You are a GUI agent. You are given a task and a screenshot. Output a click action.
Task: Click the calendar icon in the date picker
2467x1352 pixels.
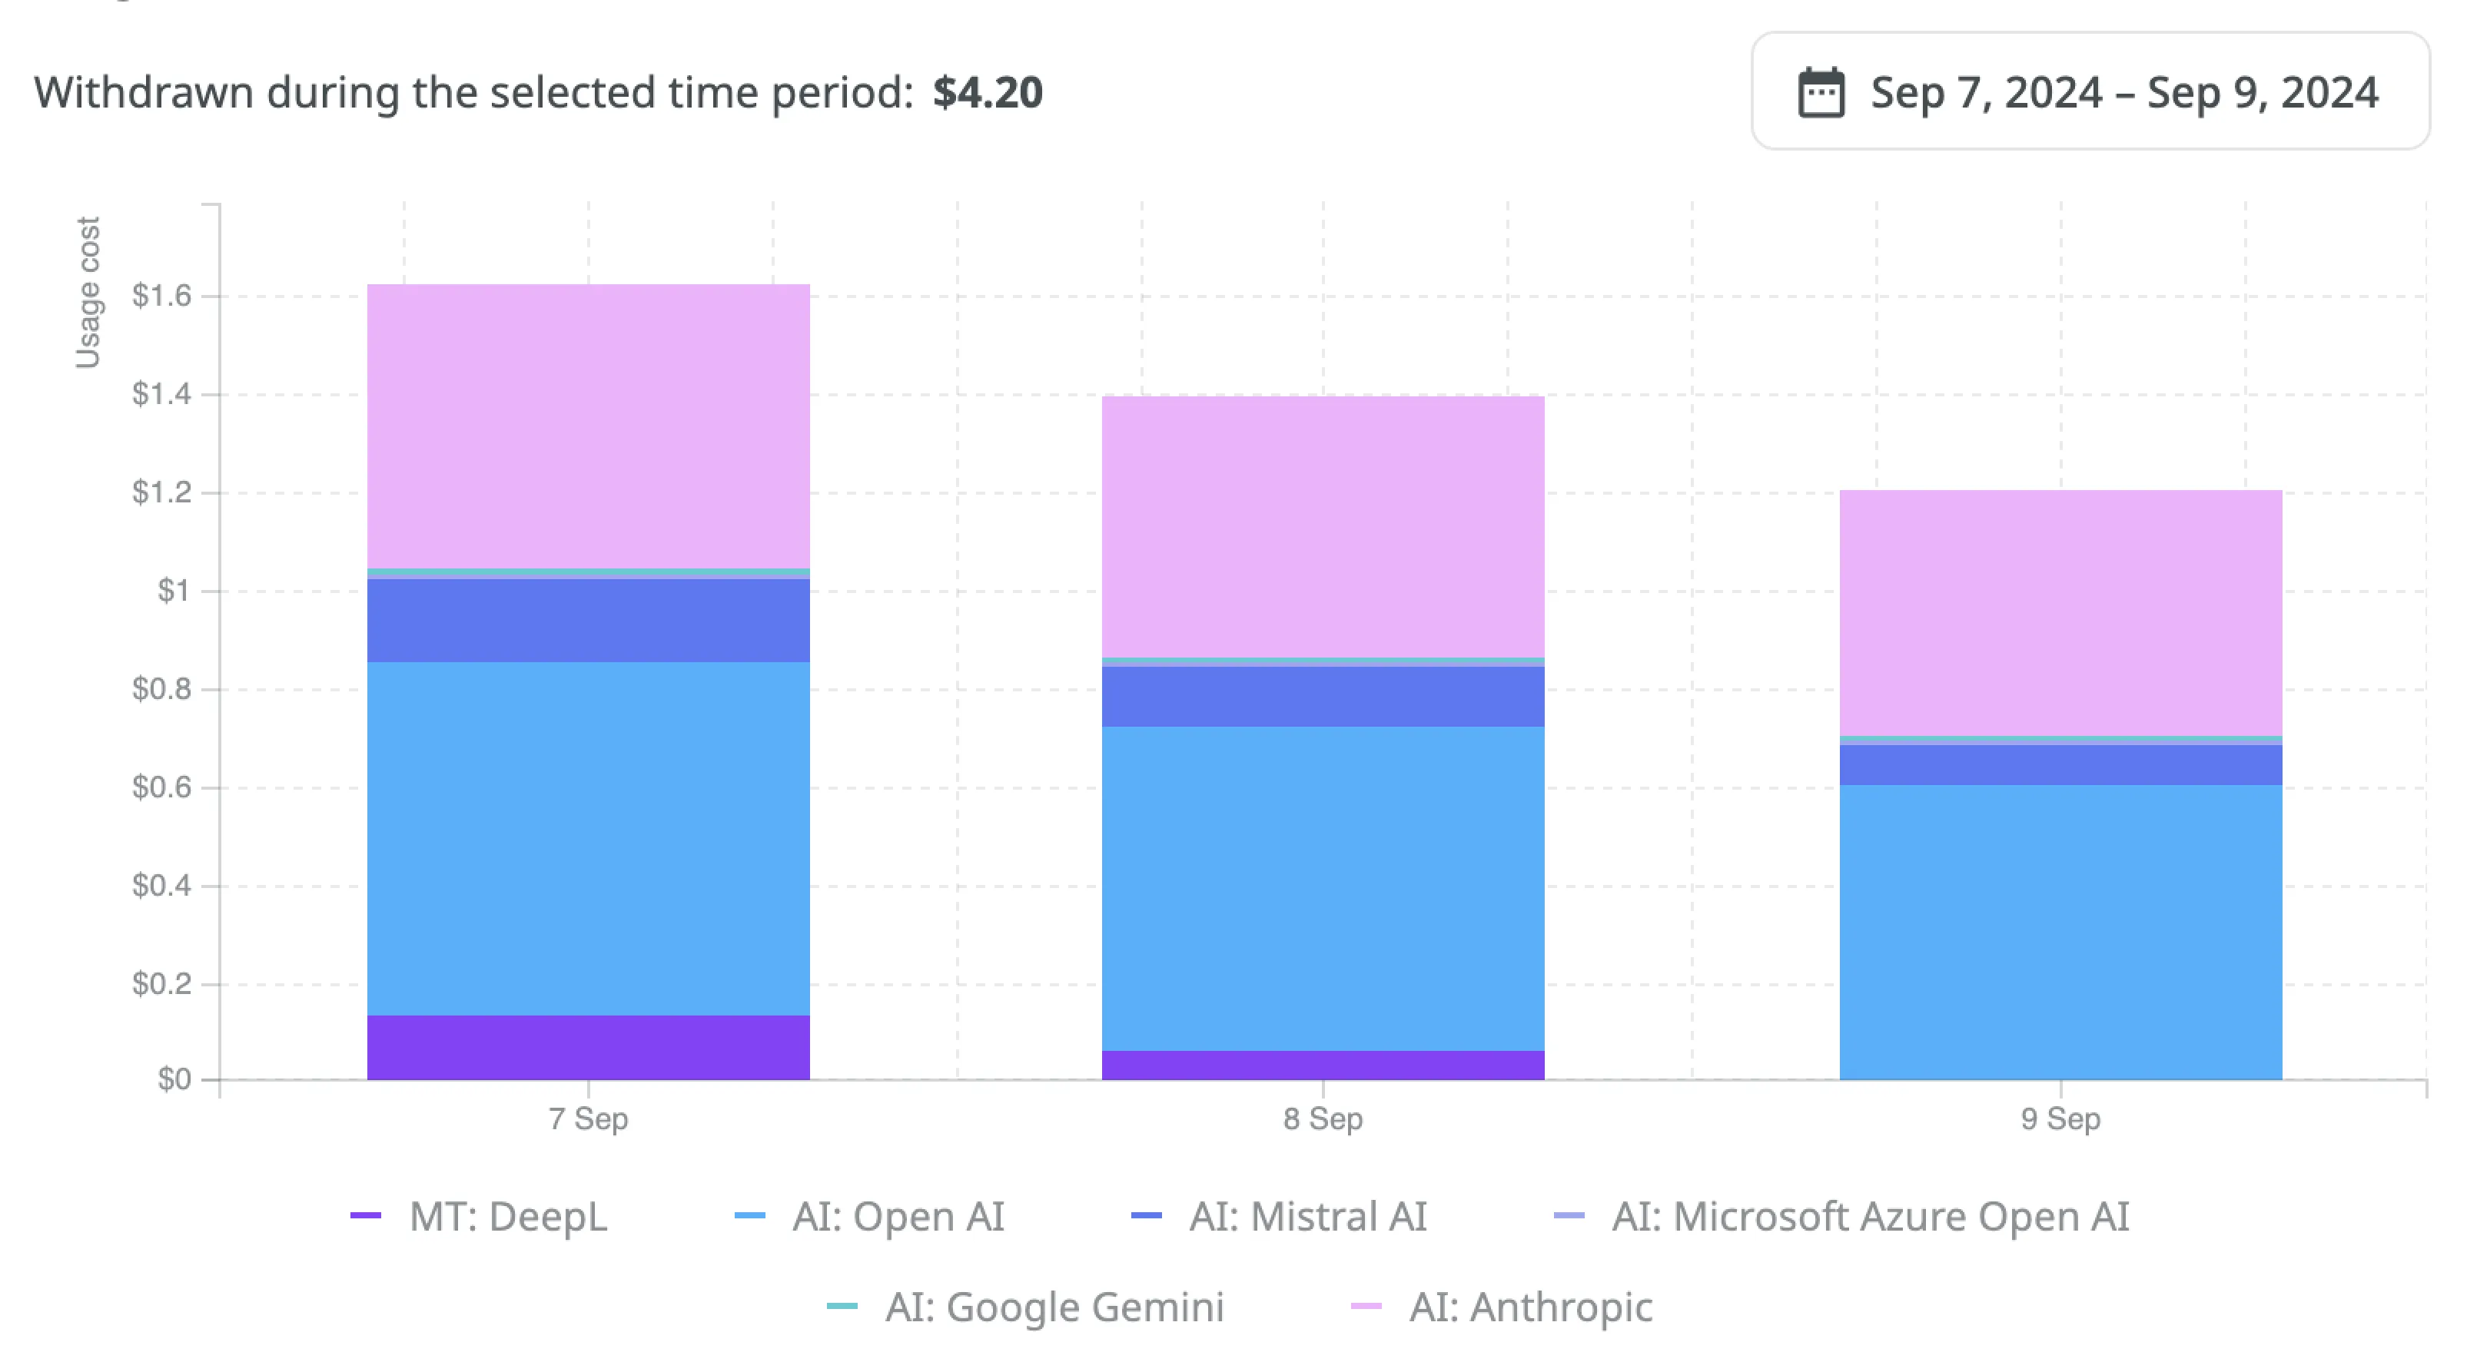1821,93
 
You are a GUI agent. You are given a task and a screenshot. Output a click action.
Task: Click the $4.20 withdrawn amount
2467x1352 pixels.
988,93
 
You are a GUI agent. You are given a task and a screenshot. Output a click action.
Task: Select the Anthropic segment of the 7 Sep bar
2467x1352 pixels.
588,426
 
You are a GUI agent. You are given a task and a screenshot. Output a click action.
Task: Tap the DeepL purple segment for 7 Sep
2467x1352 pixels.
588,1048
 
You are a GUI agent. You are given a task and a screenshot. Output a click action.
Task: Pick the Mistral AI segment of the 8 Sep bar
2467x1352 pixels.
1323,696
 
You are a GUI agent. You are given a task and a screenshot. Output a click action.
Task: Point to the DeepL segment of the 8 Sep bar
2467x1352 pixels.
1323,1065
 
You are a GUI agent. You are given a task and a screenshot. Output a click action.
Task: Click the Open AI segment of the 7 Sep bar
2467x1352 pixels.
588,838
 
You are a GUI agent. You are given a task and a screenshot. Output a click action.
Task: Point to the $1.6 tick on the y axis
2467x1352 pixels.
161,296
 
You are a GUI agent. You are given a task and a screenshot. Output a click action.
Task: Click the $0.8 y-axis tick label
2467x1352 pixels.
161,689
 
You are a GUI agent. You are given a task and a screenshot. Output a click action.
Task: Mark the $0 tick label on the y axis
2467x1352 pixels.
174,1080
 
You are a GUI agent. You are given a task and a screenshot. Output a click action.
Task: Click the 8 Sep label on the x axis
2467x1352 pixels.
1323,1118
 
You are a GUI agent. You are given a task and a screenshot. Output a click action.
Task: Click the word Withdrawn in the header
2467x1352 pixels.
144,93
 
